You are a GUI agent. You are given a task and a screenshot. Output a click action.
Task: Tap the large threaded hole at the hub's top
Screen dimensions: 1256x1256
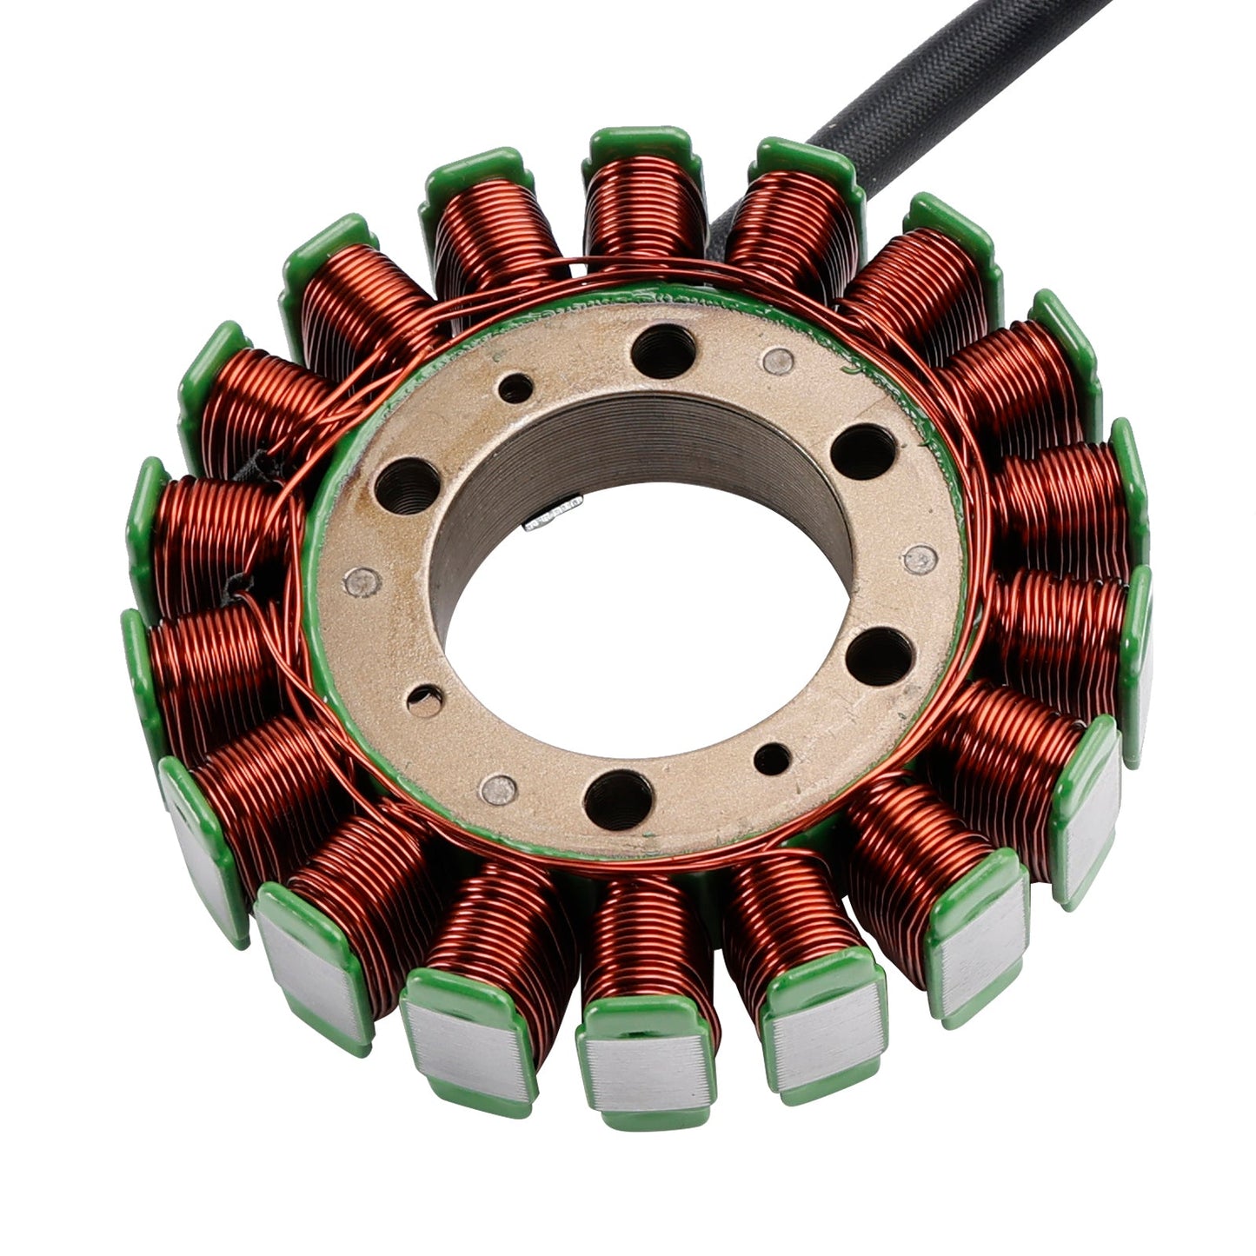point(663,349)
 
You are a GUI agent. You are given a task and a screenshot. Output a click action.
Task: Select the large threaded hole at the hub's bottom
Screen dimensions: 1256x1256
point(618,795)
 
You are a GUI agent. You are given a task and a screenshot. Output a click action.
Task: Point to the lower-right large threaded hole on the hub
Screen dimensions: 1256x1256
point(879,654)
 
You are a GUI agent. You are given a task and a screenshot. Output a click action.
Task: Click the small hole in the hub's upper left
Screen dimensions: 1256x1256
point(515,388)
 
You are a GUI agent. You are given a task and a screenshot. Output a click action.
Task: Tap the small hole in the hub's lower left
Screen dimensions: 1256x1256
point(425,700)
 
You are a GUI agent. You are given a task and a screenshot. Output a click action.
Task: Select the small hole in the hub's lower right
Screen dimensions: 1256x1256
point(772,759)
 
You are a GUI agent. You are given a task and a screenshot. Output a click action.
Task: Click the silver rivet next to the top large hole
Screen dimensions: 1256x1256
point(779,359)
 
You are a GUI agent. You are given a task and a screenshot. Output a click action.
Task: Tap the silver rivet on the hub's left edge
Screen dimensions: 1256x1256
point(361,582)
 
